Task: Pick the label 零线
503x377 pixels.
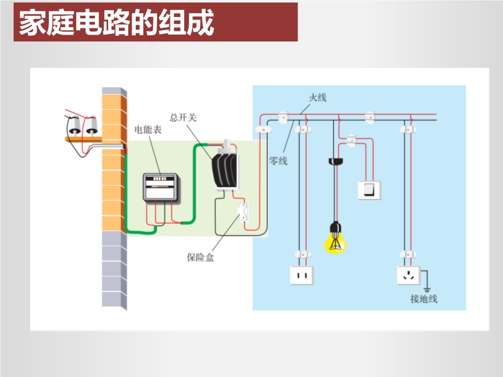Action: pos(278,161)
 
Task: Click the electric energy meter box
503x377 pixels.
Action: pos(162,186)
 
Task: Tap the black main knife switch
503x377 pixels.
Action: pos(225,169)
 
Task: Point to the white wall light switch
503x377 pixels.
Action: pos(369,189)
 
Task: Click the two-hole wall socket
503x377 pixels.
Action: pos(301,275)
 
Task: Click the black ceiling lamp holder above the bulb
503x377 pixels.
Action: pos(336,161)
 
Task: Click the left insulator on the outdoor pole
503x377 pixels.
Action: pos(74,126)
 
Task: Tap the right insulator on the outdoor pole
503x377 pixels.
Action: pos(91,126)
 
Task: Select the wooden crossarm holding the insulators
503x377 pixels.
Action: pos(82,138)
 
